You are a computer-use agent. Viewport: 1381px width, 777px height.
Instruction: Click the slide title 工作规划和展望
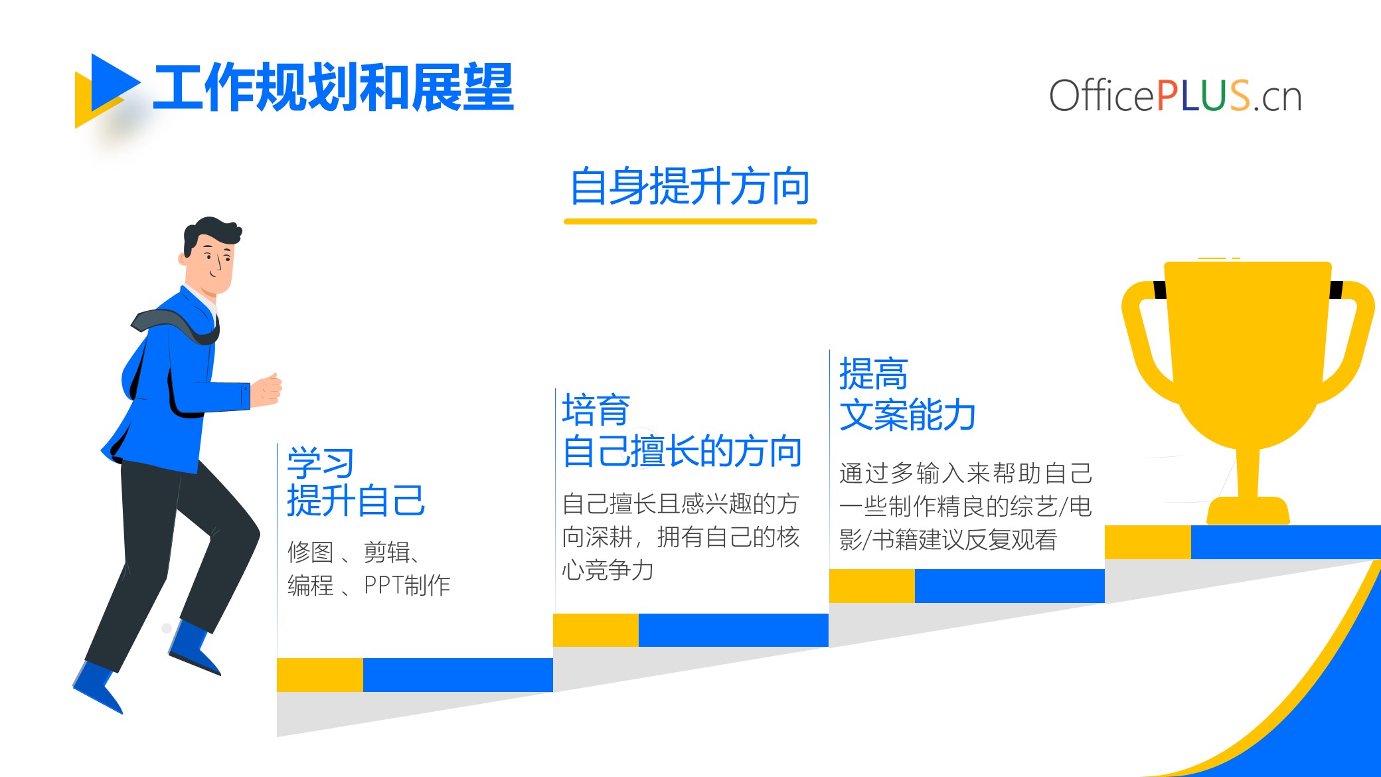coord(333,87)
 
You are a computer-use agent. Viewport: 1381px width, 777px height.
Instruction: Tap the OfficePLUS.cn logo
coord(1175,96)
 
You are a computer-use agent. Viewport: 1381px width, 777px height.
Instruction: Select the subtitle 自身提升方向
coord(690,187)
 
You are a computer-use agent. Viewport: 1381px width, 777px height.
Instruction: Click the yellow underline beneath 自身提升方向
coord(690,221)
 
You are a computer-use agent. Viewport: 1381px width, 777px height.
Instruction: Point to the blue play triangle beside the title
coord(113,83)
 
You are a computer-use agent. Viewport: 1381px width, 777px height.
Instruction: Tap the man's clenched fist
coord(267,389)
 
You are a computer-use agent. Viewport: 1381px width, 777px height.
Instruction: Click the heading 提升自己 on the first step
coord(356,500)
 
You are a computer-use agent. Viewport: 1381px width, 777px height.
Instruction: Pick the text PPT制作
coord(407,585)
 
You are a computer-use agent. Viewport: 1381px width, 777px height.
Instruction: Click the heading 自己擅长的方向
coord(682,451)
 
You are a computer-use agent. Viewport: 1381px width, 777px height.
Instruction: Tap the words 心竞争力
coord(608,570)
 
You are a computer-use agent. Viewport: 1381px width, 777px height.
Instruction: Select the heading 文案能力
coord(908,414)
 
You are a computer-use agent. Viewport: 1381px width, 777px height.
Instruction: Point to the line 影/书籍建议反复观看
coord(948,539)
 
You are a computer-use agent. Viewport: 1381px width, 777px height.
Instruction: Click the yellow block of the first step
coord(320,675)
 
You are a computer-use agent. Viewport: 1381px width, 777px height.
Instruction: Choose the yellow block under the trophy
coord(1148,543)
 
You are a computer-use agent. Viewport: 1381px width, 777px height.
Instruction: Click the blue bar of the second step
coord(734,630)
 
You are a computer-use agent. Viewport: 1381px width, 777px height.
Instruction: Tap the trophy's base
coord(1248,510)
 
